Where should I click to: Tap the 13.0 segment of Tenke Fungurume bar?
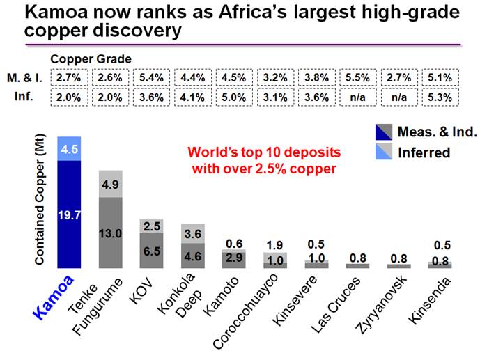pyautogui.click(x=111, y=233)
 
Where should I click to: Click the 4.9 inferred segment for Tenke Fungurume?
pyautogui.click(x=111, y=184)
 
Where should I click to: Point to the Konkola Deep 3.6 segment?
pyautogui.click(x=193, y=233)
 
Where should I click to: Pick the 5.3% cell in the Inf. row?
pyautogui.click(x=440, y=97)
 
